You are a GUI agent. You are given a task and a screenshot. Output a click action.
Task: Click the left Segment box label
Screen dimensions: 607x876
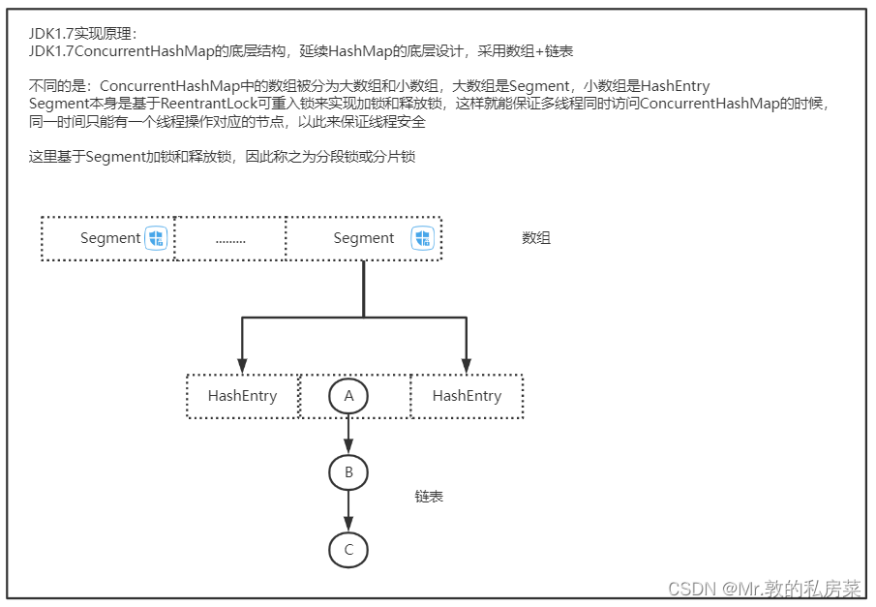pos(110,238)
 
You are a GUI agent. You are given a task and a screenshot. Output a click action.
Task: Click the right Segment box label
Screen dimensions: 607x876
pos(363,238)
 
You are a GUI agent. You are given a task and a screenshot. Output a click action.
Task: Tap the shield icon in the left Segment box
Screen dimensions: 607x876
pos(157,238)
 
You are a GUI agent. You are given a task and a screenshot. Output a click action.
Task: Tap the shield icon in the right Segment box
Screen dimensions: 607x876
pos(422,238)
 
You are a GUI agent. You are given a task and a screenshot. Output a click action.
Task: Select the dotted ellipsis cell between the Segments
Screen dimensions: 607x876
pos(230,239)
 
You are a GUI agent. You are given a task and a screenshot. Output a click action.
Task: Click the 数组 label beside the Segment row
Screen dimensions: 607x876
pos(536,237)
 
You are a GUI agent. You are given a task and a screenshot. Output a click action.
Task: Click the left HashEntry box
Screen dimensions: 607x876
pos(242,396)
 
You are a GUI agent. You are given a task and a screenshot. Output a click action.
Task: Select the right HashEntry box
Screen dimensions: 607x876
pos(467,396)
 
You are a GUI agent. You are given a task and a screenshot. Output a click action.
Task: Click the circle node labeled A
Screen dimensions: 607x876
pos(348,396)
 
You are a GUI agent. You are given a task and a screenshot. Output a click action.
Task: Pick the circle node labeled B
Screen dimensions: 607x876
pos(348,473)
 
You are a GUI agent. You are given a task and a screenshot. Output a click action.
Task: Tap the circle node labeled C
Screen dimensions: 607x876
pos(348,551)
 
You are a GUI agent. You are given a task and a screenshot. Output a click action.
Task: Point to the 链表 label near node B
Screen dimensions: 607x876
pos(429,497)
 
